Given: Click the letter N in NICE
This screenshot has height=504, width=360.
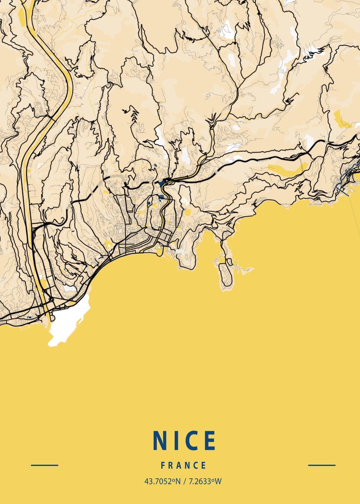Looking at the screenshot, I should (x=160, y=440).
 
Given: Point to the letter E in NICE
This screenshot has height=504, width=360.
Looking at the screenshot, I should (x=210, y=440).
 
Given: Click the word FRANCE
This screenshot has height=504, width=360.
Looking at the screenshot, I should (x=184, y=465).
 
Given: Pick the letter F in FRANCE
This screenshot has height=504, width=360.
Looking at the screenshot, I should (x=163, y=465).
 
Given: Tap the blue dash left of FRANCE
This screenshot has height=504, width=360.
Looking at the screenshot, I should (x=45, y=465).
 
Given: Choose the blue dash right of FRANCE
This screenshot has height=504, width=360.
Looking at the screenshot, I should (x=322, y=465).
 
